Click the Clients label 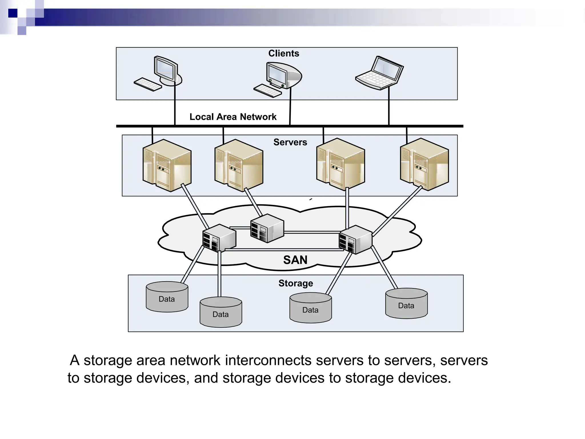tap(283, 53)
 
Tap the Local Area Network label tap(233, 117)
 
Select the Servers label tap(290, 142)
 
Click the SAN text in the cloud tap(295, 260)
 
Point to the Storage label tap(296, 283)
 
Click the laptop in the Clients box tap(380, 73)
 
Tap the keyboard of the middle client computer tap(268, 91)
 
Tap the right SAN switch tap(355, 240)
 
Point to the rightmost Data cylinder tap(406, 304)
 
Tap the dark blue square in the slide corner tap(13, 13)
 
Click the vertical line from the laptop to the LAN tap(389, 106)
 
